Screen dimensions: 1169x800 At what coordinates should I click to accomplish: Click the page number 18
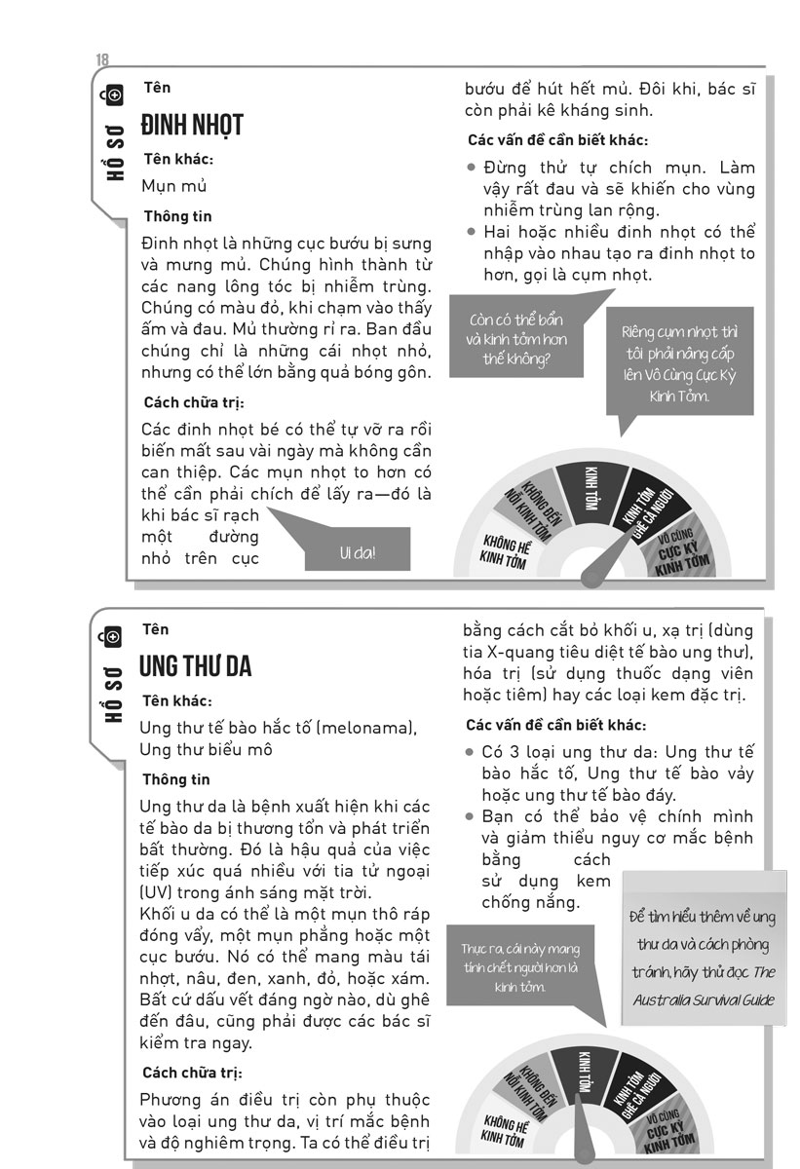pos(102,60)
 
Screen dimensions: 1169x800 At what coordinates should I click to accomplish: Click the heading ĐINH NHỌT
pos(191,126)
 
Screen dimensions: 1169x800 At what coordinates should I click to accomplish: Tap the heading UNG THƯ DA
pos(196,667)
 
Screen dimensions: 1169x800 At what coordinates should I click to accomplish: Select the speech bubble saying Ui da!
pos(358,552)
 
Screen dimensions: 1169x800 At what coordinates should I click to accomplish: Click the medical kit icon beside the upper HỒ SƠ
pos(113,94)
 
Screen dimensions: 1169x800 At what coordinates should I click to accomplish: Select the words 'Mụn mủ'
pos(174,186)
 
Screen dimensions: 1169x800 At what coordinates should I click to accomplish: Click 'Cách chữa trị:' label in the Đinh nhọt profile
pos(193,402)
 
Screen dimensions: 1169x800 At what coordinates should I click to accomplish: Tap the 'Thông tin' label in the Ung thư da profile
pos(176,779)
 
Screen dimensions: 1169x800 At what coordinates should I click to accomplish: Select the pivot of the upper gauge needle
pos(590,579)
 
